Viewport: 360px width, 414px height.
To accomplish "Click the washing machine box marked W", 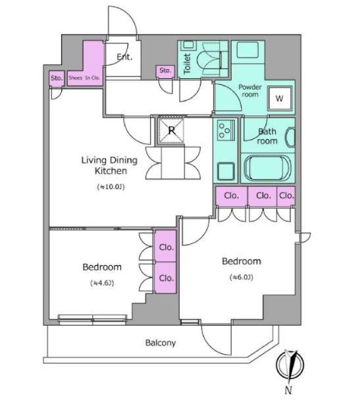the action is (x=279, y=98).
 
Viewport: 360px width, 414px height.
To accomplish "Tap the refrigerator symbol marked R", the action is (x=171, y=130).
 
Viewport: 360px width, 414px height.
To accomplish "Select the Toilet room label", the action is (x=187, y=63).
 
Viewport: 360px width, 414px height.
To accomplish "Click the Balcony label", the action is (x=161, y=343).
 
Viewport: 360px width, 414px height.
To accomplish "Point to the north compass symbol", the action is (x=290, y=365).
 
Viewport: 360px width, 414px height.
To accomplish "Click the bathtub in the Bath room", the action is (x=268, y=168).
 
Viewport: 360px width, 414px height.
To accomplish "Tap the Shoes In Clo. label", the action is (x=84, y=78).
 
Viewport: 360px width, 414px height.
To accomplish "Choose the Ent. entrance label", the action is (x=124, y=57).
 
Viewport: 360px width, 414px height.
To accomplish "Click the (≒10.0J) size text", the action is (x=111, y=187).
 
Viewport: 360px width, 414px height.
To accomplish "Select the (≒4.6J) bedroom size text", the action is (x=102, y=283).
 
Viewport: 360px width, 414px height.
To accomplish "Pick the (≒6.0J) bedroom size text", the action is (x=242, y=277).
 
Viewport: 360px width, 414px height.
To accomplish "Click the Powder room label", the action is (x=249, y=91).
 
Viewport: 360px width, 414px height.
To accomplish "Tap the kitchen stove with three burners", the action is (x=226, y=130).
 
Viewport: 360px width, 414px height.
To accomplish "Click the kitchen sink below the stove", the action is (x=226, y=171).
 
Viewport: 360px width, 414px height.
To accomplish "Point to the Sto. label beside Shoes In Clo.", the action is (x=57, y=78).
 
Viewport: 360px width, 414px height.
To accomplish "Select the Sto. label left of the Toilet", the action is (x=165, y=70).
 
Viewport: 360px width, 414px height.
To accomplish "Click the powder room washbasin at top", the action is (x=247, y=49).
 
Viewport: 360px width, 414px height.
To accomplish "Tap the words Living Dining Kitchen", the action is (x=109, y=165).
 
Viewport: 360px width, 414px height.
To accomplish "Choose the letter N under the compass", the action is (x=288, y=390).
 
